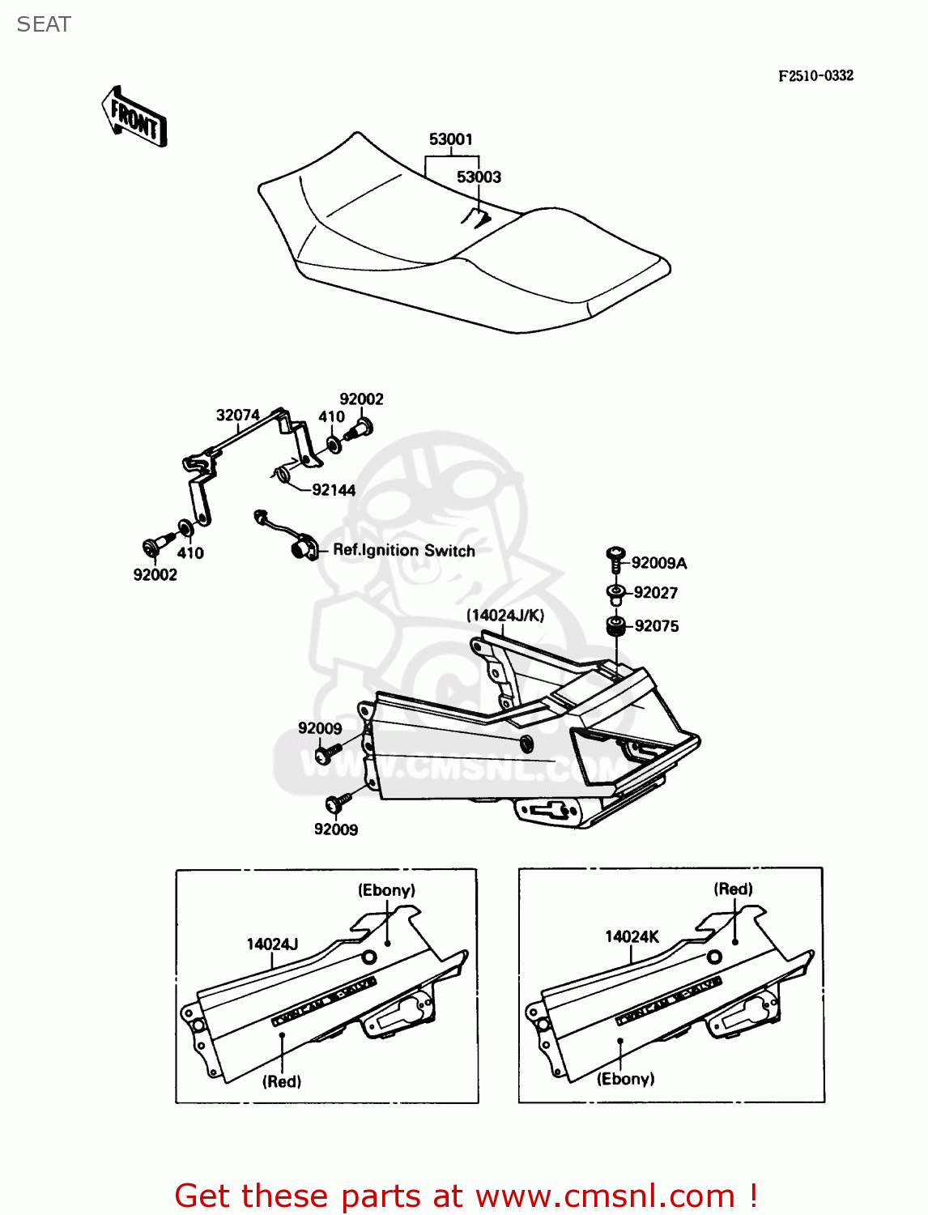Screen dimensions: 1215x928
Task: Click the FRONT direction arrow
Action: pos(134,118)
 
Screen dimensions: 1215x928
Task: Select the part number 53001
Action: pos(450,139)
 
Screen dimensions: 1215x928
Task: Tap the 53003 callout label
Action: pos(479,177)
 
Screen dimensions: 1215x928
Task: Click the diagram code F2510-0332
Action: pos(815,75)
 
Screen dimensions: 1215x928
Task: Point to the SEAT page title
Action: pos(44,24)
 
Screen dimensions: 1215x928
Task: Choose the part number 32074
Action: pos(237,416)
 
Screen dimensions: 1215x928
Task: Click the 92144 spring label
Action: pos(334,490)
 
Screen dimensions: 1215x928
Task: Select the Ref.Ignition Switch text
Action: pos(404,551)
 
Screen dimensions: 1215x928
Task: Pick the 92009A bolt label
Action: pos(658,563)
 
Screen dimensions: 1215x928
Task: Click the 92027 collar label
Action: pos(656,593)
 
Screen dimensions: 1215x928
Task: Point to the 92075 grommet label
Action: pos(657,626)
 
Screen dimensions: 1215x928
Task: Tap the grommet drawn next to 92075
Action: pos(615,626)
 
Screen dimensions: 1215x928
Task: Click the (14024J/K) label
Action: pos(505,616)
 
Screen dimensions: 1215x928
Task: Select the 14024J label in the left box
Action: pos(272,944)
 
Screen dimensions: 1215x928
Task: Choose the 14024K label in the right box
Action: pos(632,937)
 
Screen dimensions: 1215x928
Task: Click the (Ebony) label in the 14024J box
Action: pos(386,890)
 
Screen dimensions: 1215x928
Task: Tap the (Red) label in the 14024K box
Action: pos(733,889)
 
